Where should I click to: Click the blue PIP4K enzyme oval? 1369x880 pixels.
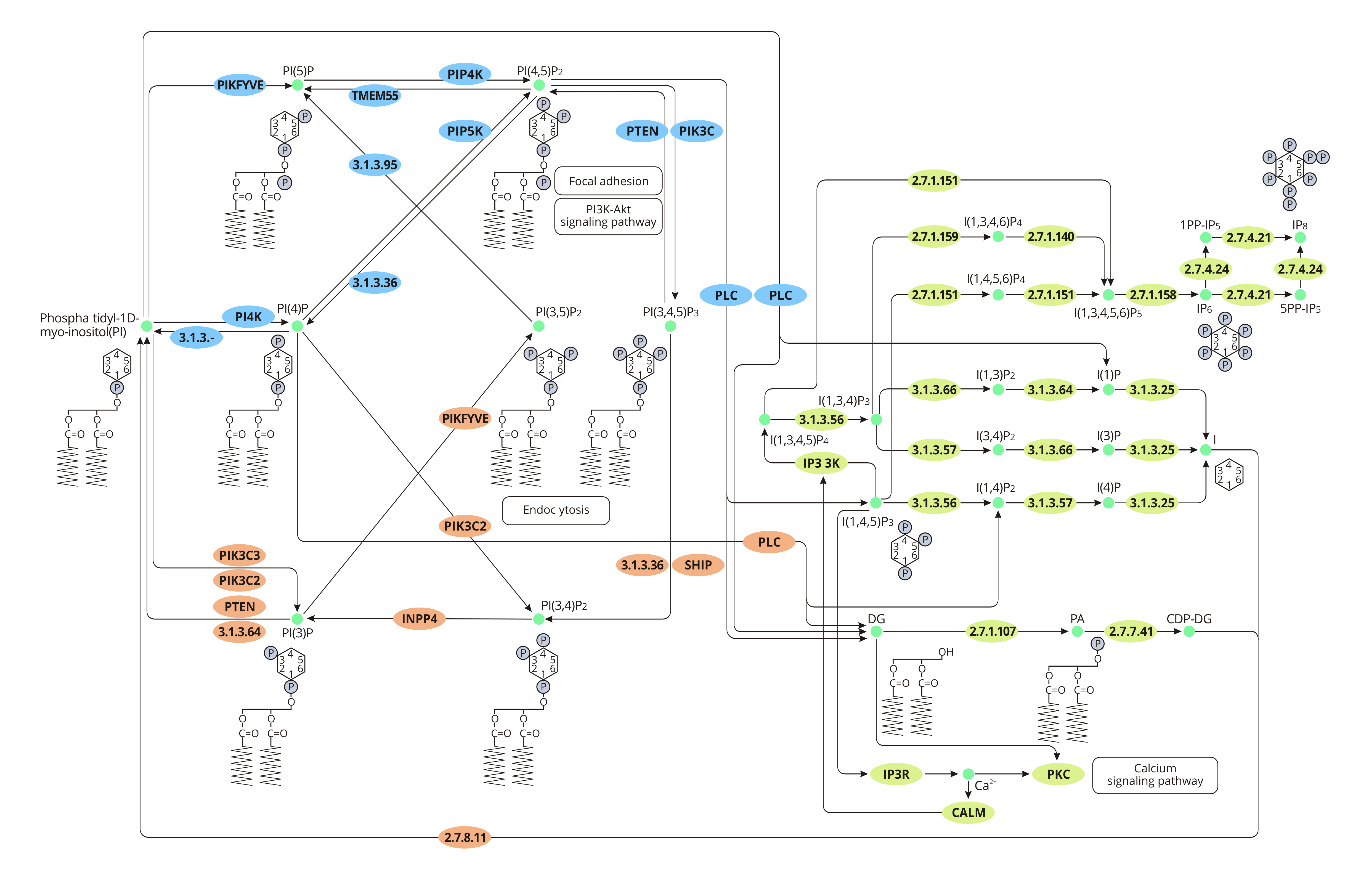pos(465,74)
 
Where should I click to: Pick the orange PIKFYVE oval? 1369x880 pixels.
pos(465,418)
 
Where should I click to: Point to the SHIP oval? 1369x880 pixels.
pos(698,565)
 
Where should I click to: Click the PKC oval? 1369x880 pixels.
pos(1058,774)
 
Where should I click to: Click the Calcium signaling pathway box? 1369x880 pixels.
pos(1155,775)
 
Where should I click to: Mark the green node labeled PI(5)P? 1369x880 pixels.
pos(297,85)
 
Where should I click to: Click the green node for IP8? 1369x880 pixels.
pos(1300,237)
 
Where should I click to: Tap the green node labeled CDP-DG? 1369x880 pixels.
pos(1189,631)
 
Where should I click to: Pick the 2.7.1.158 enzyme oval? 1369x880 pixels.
pos(1152,295)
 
